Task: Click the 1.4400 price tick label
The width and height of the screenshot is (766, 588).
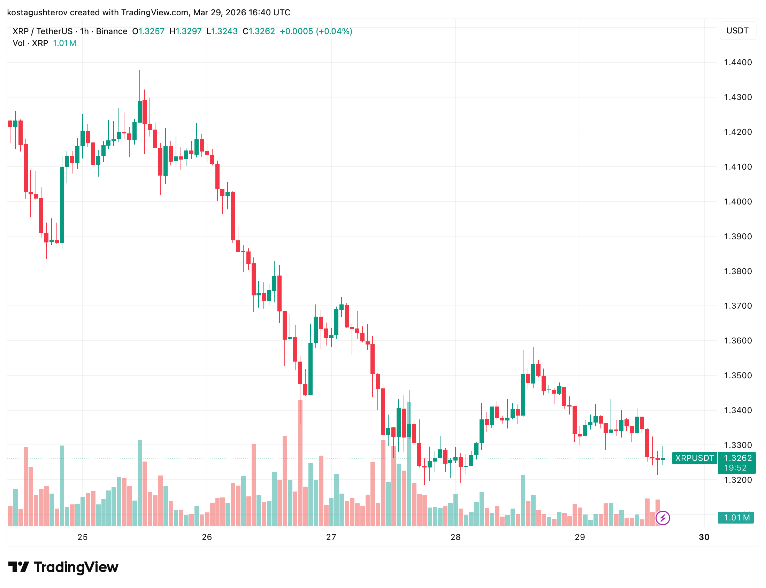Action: [737, 62]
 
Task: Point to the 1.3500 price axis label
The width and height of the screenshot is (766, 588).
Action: [737, 376]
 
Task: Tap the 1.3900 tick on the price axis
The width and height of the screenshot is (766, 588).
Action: [737, 237]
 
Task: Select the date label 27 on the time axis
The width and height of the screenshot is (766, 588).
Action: [331, 537]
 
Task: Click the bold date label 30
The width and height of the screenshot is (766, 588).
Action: [704, 537]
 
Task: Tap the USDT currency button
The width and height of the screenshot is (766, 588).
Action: [737, 31]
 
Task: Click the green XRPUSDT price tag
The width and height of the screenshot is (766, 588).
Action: [694, 458]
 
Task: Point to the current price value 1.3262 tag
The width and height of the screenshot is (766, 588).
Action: [737, 458]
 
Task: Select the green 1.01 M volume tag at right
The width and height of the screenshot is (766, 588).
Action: [736, 518]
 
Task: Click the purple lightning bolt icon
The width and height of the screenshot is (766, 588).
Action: [662, 518]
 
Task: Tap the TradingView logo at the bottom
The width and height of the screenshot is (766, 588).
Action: [63, 567]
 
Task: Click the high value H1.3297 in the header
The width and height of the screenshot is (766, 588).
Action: [185, 31]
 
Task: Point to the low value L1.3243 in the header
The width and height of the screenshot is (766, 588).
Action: [222, 31]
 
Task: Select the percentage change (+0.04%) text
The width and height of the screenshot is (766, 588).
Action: [334, 31]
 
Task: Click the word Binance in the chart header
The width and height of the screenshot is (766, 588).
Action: [111, 31]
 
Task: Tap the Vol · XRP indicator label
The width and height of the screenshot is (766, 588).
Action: [30, 44]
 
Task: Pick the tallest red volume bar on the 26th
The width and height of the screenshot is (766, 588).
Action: [300, 462]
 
